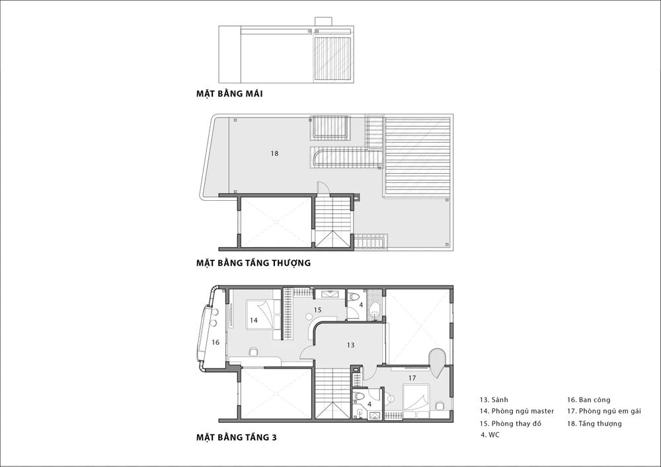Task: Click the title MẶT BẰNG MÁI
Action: [x=229, y=94]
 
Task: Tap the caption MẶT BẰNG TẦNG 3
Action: [x=237, y=437]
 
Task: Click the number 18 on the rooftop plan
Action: [x=274, y=154]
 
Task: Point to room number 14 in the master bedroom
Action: [x=253, y=320]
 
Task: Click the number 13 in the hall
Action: [x=351, y=345]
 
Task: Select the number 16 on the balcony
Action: [x=215, y=342]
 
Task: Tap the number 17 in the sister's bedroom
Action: [x=412, y=378]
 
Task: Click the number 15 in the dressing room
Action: [x=317, y=310]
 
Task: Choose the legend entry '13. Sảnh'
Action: [x=494, y=400]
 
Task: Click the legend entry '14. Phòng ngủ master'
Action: [x=517, y=411]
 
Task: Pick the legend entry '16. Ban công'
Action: [x=588, y=400]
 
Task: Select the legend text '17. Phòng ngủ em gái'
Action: [x=604, y=411]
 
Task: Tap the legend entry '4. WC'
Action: [x=490, y=435]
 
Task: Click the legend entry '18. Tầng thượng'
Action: [x=594, y=423]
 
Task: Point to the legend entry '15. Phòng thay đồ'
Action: [x=510, y=423]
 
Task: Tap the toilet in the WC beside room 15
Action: [x=353, y=297]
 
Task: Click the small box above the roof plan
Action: [x=323, y=22]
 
